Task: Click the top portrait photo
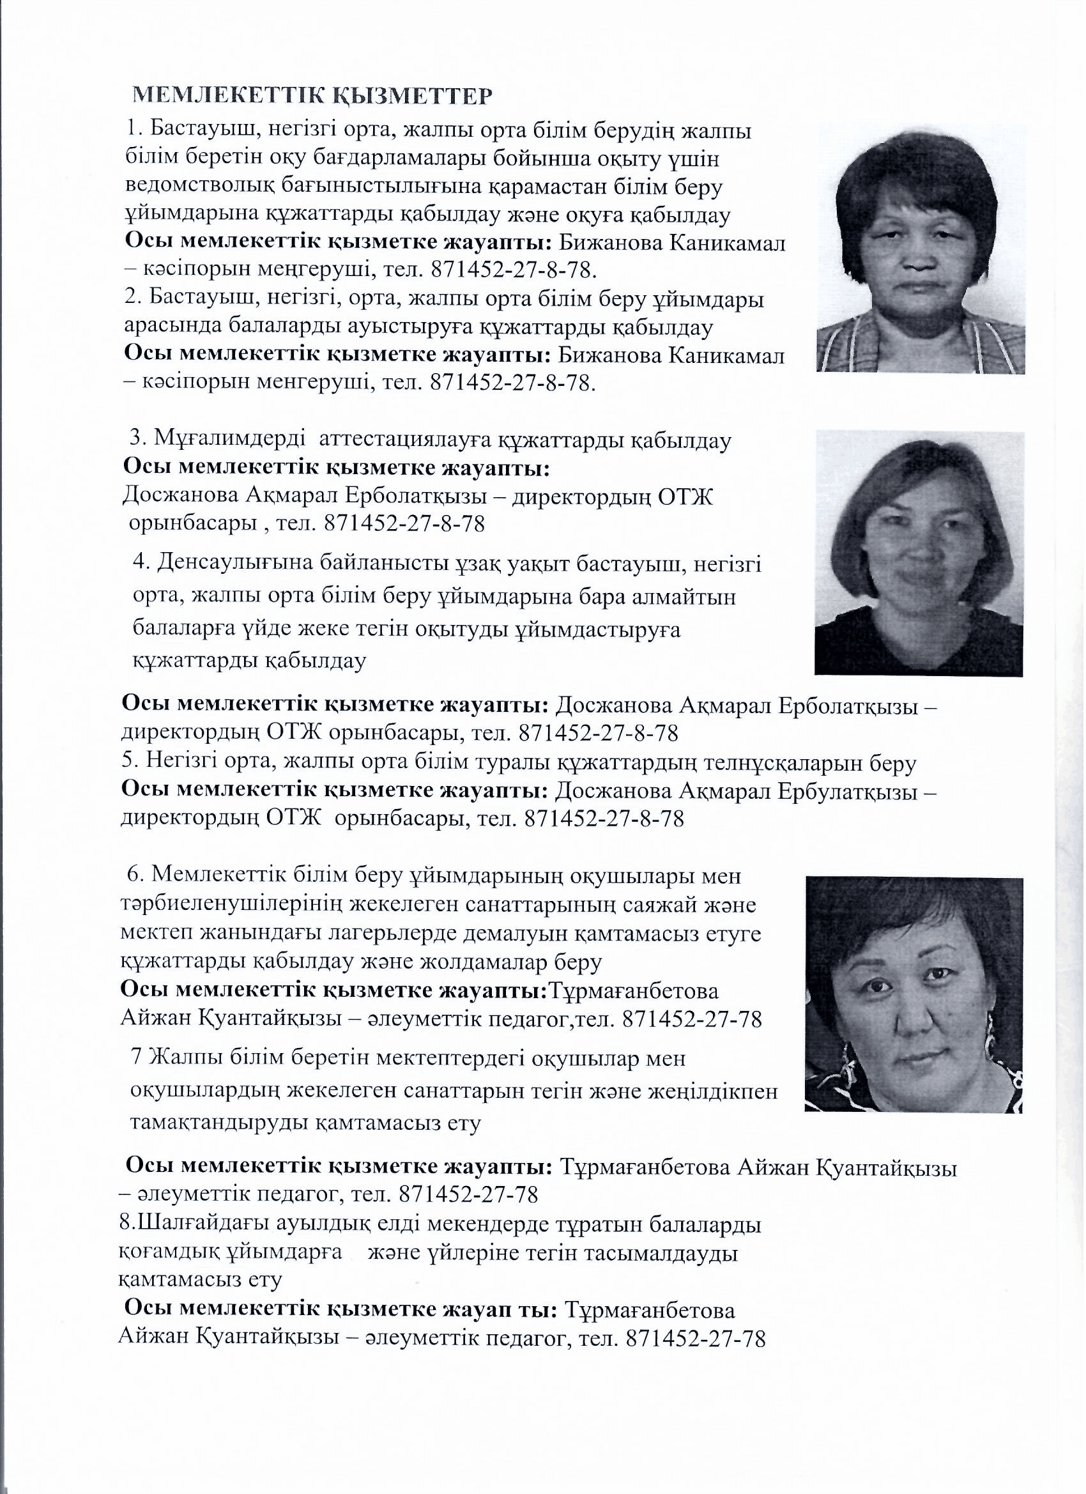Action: [921, 250]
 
